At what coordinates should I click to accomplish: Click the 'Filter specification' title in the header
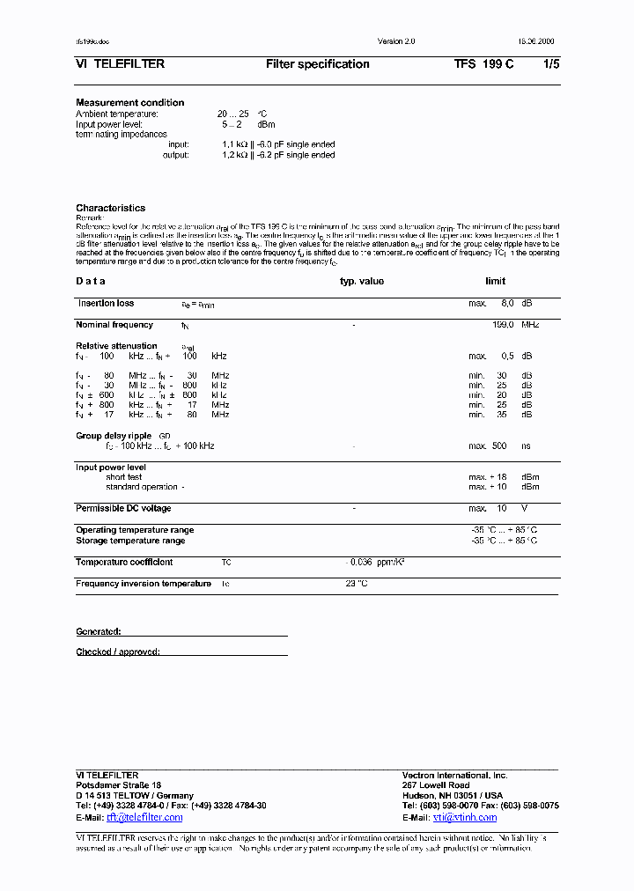tap(317, 64)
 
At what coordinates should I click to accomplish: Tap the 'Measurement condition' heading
tap(129, 103)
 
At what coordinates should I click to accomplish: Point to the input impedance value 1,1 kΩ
tap(235, 144)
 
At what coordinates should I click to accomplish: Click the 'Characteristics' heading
tap(110, 209)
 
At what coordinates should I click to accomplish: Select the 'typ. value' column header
tap(362, 282)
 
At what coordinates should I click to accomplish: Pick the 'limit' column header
tap(495, 282)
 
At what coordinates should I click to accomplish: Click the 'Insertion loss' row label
tap(106, 304)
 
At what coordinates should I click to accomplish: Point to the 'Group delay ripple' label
tap(114, 436)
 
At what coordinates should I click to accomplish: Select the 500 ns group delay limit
tap(499, 446)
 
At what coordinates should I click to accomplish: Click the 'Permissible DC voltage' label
tap(123, 509)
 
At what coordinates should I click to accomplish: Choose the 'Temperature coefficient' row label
tap(124, 563)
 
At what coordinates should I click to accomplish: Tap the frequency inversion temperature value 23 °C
tap(356, 584)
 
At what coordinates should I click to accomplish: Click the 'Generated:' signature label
tap(98, 632)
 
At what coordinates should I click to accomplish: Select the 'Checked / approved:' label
tap(118, 652)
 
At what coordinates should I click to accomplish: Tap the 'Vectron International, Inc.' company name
tap(454, 776)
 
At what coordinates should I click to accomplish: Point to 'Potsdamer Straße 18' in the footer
tap(119, 785)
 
